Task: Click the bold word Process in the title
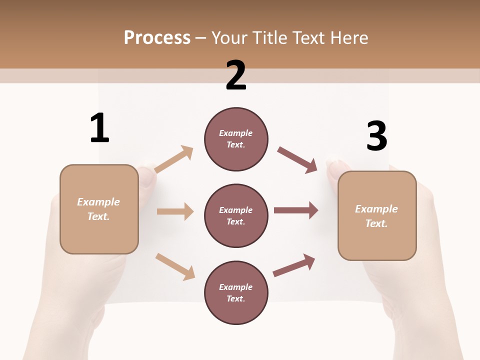click(x=157, y=38)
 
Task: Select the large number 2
click(x=236, y=75)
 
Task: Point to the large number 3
click(x=376, y=136)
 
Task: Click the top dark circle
click(x=236, y=139)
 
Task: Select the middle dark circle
click(x=236, y=215)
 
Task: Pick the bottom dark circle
click(x=236, y=292)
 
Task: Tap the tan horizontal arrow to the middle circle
click(x=175, y=211)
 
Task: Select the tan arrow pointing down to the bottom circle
click(x=175, y=266)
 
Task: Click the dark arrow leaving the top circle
click(x=297, y=160)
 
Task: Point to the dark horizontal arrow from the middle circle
click(x=296, y=210)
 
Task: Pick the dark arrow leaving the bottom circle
click(x=294, y=265)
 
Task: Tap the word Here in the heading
click(x=349, y=38)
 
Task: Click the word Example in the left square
click(x=98, y=202)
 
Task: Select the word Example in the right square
click(x=376, y=209)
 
